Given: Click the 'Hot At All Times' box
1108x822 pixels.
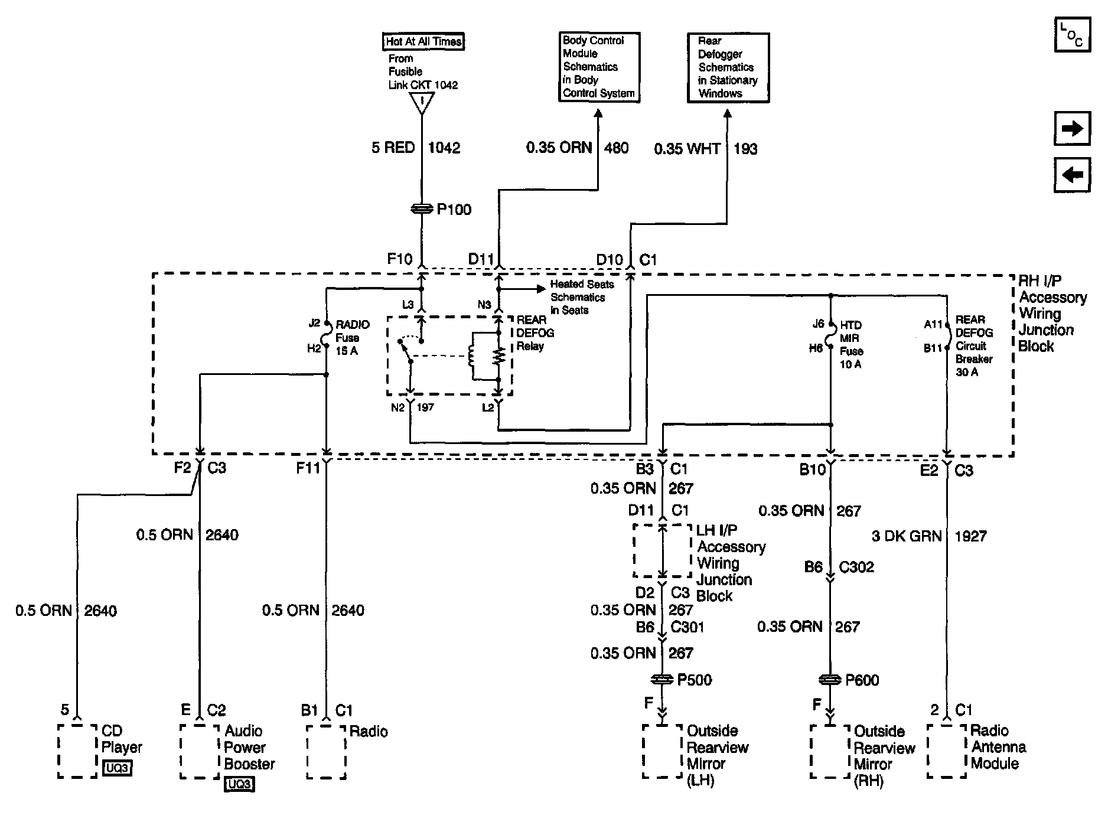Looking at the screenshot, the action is (423, 41).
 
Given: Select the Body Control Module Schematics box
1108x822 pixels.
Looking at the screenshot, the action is (599, 67).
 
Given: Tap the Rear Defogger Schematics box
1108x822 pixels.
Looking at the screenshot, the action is (728, 67).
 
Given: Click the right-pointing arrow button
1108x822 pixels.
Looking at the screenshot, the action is (1072, 128).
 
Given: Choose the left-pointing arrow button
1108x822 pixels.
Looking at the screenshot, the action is (1072, 175).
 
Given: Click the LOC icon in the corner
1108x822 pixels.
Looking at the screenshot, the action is (1072, 35).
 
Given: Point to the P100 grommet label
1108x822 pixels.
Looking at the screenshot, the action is (454, 210).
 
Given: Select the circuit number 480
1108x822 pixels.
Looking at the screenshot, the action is (616, 148).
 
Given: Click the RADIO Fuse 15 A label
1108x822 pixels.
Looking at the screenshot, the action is (353, 338).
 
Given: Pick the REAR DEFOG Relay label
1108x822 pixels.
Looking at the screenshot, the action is (535, 333).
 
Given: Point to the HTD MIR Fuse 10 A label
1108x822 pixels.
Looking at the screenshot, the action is (851, 345).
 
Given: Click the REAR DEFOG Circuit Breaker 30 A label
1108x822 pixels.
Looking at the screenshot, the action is (974, 346).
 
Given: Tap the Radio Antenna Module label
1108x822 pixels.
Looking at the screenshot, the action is (999, 747).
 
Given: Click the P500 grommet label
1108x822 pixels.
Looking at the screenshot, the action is (694, 680).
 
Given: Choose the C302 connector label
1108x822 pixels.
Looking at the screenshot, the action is (856, 567).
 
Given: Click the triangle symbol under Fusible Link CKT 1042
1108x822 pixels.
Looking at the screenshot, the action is (422, 103).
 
